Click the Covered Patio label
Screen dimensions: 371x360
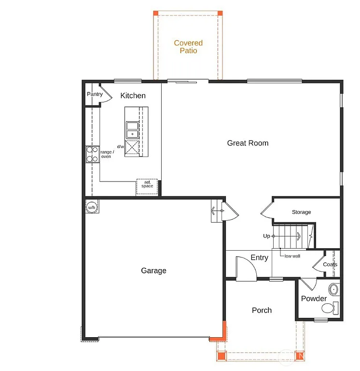coord(188,47)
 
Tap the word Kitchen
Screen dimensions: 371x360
coord(133,96)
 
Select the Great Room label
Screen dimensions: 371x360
coord(248,143)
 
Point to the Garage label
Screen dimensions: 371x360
coord(153,271)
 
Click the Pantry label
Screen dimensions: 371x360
coord(95,94)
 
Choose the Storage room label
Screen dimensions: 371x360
coord(301,212)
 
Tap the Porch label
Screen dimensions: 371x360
coord(262,310)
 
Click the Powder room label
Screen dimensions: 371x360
coord(314,299)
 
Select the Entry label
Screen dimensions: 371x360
coord(259,257)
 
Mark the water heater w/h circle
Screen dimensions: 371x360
coord(91,207)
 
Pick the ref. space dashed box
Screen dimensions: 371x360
coord(147,186)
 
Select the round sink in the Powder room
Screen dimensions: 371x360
coord(333,290)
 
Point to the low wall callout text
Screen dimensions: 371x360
coord(292,256)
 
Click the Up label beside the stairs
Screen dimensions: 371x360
coord(266,236)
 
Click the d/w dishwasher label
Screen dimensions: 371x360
coord(120,146)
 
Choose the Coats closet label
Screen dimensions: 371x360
coord(330,265)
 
